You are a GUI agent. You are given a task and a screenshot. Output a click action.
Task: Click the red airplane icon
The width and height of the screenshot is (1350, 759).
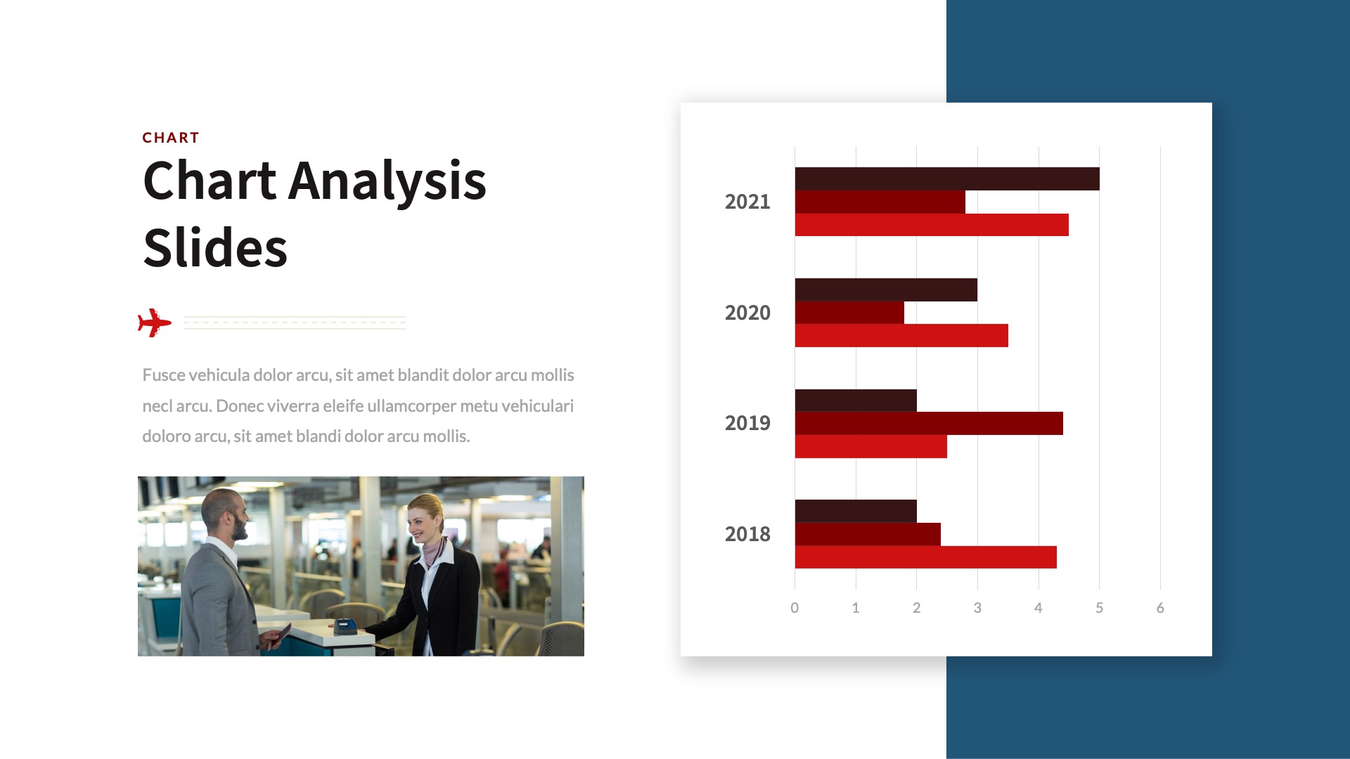[x=155, y=323]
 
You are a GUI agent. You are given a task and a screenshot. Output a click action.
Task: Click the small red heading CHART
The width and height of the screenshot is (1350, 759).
[x=171, y=138]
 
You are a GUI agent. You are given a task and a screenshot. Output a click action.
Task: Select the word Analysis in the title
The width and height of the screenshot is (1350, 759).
[x=387, y=182]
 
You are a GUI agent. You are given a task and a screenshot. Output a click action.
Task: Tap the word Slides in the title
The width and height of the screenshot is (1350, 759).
[x=215, y=248]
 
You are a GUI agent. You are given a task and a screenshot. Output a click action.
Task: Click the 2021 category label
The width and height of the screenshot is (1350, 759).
[x=747, y=202]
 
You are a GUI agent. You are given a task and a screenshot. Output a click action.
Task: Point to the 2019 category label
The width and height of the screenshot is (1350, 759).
[x=747, y=423]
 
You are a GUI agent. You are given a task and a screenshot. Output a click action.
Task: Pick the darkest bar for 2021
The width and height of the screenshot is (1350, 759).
[x=947, y=179]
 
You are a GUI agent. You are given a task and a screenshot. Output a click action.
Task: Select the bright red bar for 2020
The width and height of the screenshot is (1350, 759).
[x=901, y=335]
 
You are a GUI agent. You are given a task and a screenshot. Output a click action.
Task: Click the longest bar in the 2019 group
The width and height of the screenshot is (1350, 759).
[x=929, y=423]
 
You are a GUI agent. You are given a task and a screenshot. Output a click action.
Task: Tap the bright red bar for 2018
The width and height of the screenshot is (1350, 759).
[x=926, y=557]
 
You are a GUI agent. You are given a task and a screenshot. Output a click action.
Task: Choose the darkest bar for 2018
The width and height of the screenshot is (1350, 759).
[x=856, y=511]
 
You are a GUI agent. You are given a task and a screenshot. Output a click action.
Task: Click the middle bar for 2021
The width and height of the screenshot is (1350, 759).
[x=880, y=202]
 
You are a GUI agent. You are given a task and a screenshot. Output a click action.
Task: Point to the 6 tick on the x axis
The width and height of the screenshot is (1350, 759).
[x=1160, y=608]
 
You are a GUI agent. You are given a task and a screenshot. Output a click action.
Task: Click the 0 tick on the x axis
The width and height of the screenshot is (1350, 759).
[x=795, y=608]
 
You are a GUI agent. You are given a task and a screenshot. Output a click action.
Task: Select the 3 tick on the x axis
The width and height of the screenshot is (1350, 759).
[x=977, y=608]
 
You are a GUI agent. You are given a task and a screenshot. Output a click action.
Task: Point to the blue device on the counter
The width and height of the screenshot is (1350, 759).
[x=344, y=625]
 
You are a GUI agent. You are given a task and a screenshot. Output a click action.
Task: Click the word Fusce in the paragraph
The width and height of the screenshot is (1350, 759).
[x=164, y=375]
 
